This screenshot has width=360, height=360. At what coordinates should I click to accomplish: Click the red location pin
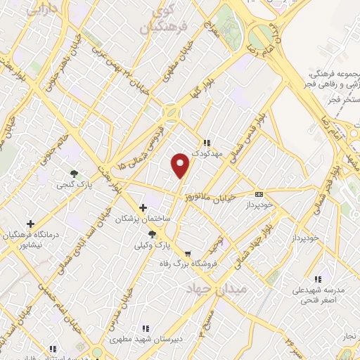(x=181, y=165)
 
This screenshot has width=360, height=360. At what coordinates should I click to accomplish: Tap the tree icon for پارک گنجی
(x=74, y=173)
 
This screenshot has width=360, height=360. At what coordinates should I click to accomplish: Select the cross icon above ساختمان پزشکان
(x=143, y=207)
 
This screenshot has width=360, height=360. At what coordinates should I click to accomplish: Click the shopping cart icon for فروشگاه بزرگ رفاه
(x=187, y=255)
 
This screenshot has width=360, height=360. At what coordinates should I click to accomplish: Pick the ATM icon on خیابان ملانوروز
(x=259, y=194)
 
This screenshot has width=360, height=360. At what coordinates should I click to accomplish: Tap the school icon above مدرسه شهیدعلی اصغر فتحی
(x=318, y=278)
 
